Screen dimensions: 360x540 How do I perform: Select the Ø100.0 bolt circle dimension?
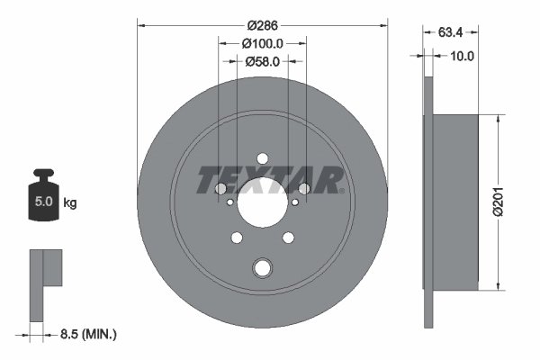click(262, 42)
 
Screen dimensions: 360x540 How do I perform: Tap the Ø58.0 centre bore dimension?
click(263, 61)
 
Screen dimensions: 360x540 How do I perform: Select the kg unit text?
click(70, 203)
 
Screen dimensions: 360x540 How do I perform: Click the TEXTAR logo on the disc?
click(268, 180)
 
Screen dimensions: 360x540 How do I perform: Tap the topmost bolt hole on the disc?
click(262, 159)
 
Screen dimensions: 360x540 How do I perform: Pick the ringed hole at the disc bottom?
click(262, 267)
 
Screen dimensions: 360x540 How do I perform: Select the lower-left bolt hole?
click(237, 238)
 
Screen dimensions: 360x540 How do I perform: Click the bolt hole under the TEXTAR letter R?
click(304, 189)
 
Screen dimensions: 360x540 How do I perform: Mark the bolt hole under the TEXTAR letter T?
click(220, 189)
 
